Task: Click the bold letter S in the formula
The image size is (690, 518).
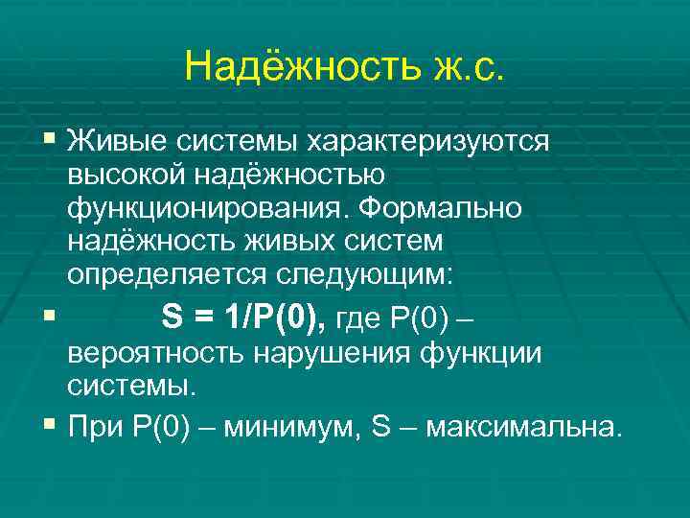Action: click(172, 316)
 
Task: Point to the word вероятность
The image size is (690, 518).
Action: click(157, 353)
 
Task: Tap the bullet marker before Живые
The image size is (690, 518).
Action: click(50, 141)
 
